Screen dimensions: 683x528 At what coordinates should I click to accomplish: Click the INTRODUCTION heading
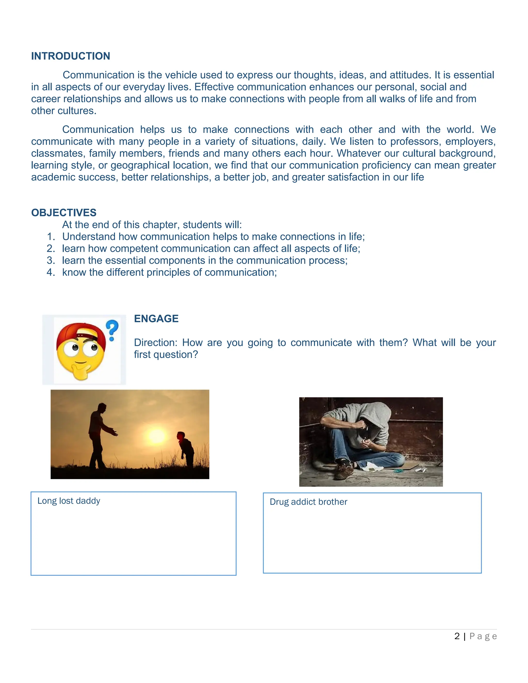pyautogui.click(x=70, y=56)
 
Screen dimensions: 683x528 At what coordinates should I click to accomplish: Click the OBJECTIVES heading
pyautogui.click(x=64, y=213)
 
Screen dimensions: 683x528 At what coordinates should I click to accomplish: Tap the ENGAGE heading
pyautogui.click(x=156, y=319)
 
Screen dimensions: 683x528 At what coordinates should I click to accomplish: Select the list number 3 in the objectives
pyautogui.click(x=51, y=261)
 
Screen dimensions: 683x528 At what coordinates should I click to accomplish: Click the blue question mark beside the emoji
pyautogui.click(x=112, y=330)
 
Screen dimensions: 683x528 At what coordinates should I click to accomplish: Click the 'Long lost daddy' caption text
pyautogui.click(x=69, y=501)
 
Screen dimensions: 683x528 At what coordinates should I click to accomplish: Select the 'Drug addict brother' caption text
pyautogui.click(x=308, y=502)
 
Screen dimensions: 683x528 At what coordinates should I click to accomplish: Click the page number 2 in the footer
pyautogui.click(x=457, y=636)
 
